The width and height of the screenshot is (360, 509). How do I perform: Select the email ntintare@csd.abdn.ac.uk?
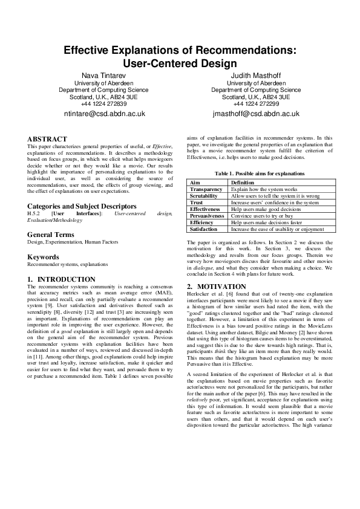click(x=105, y=113)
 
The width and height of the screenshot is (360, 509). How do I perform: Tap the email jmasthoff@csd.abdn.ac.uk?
click(x=256, y=113)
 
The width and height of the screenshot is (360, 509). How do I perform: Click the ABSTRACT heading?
click(x=47, y=138)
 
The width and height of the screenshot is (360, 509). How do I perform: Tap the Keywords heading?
click(x=43, y=257)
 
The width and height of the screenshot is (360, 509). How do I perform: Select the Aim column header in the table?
click(x=195, y=182)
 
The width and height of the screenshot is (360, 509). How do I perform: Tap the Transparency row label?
click(x=206, y=189)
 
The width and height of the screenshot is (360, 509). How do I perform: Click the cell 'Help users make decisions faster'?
click(x=266, y=222)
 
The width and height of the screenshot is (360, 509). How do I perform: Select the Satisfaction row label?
click(x=205, y=229)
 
